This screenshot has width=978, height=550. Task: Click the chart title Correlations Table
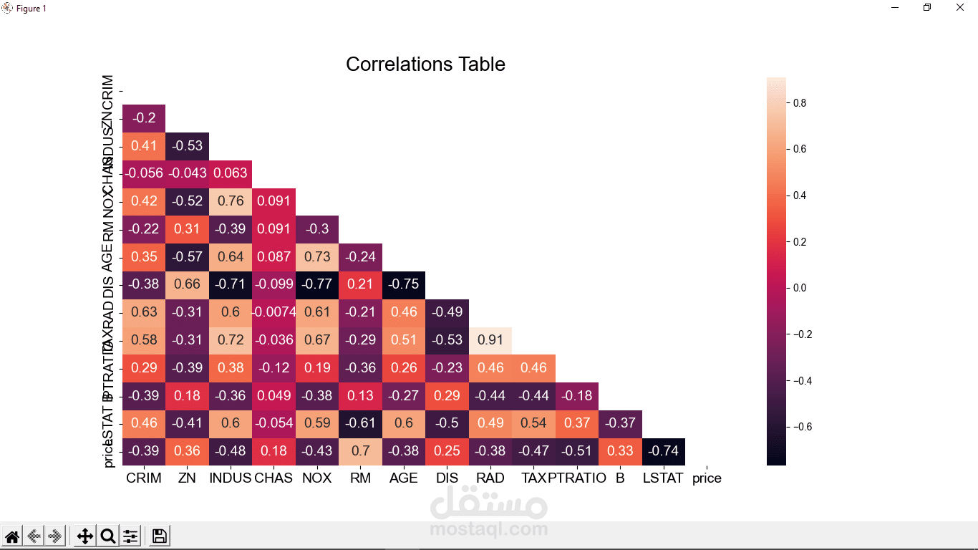(425, 64)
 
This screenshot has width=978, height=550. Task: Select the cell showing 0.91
(490, 339)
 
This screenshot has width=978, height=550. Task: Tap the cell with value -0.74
(664, 451)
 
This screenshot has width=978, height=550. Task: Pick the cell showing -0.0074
(273, 312)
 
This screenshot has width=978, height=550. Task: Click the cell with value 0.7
(360, 451)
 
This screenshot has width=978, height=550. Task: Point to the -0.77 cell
(317, 284)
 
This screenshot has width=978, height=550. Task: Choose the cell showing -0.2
(144, 117)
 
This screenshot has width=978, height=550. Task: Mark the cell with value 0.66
(187, 284)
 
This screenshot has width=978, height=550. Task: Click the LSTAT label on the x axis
(663, 478)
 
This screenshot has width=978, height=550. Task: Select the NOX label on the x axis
(317, 478)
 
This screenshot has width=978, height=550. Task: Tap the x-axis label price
(707, 478)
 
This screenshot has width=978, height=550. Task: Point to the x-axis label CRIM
(144, 478)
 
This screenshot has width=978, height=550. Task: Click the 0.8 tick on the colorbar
(800, 103)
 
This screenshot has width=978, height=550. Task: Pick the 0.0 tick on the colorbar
(800, 288)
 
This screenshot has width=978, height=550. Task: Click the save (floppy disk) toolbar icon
(160, 536)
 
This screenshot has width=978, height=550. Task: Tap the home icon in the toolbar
(12, 536)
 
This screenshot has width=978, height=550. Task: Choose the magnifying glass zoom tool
(108, 536)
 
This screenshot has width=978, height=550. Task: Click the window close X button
(960, 8)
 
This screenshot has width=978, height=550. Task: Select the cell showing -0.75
(404, 284)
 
